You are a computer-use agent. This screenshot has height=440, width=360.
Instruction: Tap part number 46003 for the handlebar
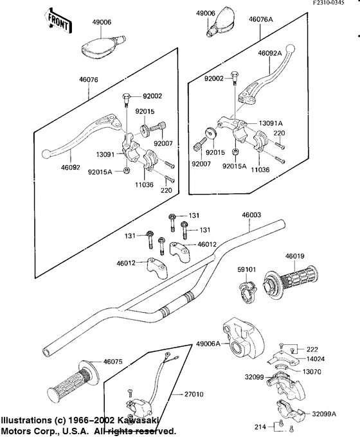point(251,215)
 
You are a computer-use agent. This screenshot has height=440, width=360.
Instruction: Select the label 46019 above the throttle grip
point(294,256)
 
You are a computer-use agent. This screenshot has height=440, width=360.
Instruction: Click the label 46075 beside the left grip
point(113,362)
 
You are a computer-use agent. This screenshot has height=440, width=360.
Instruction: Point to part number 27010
point(194,394)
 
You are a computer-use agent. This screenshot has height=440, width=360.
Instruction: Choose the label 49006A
point(208,344)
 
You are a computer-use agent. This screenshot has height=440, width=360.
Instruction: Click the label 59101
point(247,269)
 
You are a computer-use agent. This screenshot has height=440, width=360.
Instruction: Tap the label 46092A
point(269,53)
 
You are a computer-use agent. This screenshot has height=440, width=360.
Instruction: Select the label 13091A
point(271,123)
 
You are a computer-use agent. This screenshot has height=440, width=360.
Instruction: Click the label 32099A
point(324,414)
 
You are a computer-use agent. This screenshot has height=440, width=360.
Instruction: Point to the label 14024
point(316,358)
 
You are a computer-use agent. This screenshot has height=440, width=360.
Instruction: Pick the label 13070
point(312,371)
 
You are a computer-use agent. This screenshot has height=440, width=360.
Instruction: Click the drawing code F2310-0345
point(329,3)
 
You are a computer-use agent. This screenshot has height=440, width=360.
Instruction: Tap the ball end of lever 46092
point(46,154)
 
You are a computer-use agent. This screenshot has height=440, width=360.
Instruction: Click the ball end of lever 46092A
point(289,48)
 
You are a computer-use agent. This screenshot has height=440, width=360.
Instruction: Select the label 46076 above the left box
point(89,80)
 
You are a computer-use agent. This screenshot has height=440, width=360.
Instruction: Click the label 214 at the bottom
point(260,427)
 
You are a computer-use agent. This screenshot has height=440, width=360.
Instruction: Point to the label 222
point(312,349)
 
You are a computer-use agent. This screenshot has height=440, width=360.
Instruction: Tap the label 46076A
point(260,19)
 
